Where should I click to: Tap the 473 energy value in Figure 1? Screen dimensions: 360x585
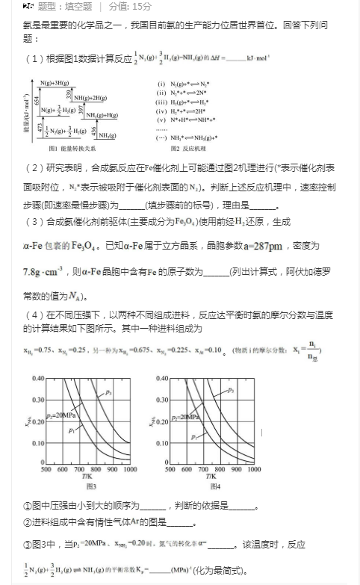pyautogui.click(x=36, y=127)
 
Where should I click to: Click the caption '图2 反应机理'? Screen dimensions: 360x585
pyautogui.click(x=186, y=148)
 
